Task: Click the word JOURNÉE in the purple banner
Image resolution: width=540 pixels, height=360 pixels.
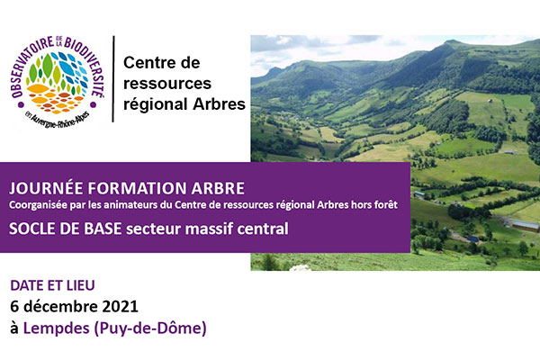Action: pos(46,188)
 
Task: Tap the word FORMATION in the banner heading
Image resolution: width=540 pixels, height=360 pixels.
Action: pos(137,188)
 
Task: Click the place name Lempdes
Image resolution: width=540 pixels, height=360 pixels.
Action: pos(56,328)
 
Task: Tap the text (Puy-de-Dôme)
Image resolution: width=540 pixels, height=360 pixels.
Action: pos(150,328)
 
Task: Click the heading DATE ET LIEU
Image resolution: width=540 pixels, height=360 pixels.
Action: pos(52,285)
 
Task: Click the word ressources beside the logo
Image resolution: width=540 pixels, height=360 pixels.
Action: pos(167,84)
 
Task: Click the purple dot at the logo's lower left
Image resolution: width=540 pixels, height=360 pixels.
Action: pos(21,104)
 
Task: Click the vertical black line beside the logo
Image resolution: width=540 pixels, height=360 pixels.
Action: pos(113,79)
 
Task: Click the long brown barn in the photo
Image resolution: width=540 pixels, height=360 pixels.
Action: pos(524,226)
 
